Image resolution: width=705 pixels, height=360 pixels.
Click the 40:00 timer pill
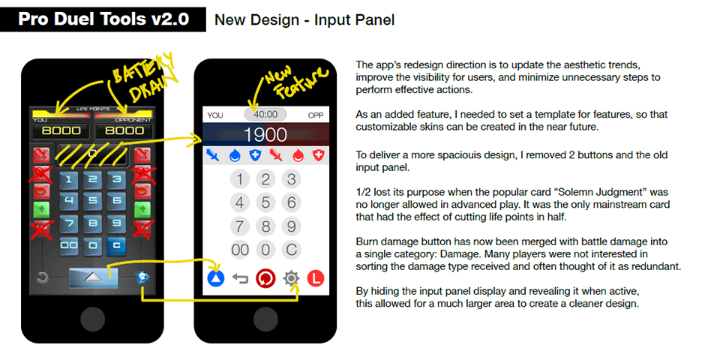(x=265, y=114)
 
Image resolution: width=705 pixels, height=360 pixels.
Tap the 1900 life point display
(x=265, y=134)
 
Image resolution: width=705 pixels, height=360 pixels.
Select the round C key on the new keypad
(x=291, y=250)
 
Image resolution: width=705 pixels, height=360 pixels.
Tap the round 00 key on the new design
(x=240, y=250)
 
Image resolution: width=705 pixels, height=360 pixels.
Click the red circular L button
(x=316, y=279)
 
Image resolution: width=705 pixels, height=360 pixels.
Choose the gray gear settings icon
(x=291, y=278)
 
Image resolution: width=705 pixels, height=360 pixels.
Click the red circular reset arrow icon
(x=265, y=279)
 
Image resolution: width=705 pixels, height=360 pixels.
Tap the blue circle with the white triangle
(x=215, y=279)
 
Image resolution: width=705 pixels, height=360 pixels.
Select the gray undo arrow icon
(x=240, y=279)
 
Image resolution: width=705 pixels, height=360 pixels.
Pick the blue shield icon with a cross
(x=255, y=155)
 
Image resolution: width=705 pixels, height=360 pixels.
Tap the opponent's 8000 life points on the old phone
(x=124, y=130)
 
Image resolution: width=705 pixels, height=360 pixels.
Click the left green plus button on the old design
(x=41, y=209)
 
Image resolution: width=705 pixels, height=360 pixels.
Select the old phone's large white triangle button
(x=93, y=277)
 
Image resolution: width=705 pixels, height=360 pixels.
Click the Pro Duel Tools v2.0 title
(x=103, y=19)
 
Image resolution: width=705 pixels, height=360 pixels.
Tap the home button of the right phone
(x=265, y=319)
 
